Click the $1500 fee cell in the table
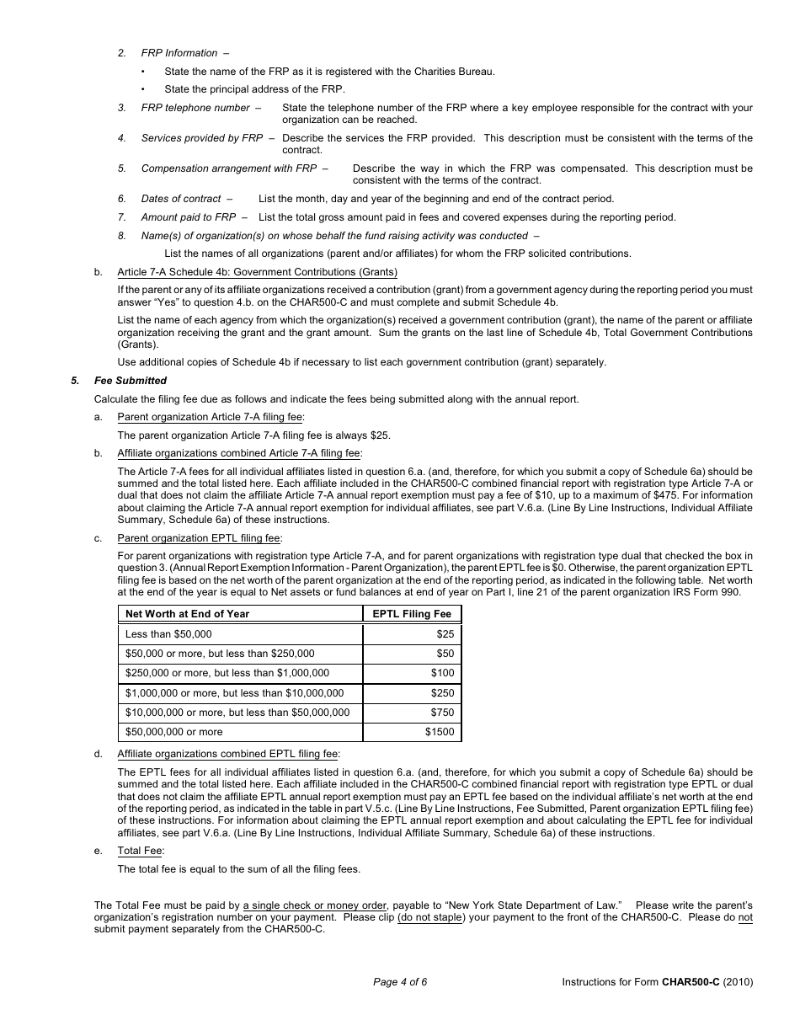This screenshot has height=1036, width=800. tap(440, 732)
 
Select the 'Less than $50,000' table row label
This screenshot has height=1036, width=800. tap(168, 633)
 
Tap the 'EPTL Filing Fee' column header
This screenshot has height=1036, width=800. tap(412, 614)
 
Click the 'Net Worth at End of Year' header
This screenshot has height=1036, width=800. tap(187, 614)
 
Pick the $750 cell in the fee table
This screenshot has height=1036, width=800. tap(442, 713)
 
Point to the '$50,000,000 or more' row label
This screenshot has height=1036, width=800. tap(174, 732)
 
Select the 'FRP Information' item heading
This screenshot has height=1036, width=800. tap(179, 53)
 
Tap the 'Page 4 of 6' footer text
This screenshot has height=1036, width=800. tap(400, 981)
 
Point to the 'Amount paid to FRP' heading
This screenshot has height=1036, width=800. tap(189, 217)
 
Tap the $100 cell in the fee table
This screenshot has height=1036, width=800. tap(442, 673)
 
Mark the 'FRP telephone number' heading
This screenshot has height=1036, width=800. tap(195, 108)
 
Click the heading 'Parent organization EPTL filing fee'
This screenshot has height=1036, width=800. tap(200, 538)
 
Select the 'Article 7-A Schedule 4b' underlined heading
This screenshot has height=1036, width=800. tap(257, 271)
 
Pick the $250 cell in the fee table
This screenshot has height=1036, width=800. tap(442, 693)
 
